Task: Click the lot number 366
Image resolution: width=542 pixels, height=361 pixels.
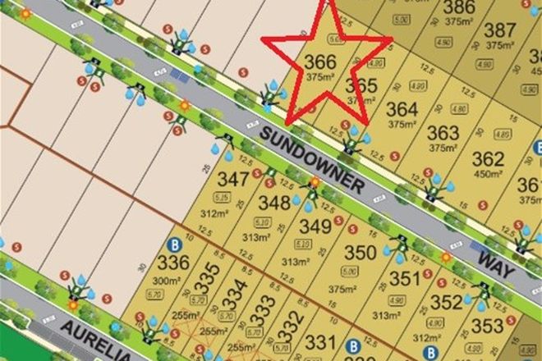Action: pos(320,62)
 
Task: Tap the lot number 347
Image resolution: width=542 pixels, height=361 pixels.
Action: pos(232,178)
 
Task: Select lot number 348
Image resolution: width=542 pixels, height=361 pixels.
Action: pos(273,202)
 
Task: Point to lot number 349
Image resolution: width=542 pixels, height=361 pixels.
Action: pos(315,225)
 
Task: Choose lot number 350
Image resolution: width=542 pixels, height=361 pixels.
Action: pos(359,253)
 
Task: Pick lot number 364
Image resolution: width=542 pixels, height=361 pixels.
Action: pos(402,110)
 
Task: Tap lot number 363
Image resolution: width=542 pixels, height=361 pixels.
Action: pos(443,133)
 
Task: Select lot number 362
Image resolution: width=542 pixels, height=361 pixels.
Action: pos(487,158)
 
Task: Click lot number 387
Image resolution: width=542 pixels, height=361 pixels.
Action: pos(500,30)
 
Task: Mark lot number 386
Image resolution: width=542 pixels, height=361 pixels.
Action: pos(458,9)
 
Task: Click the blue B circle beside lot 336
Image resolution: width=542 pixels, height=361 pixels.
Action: pos(173,244)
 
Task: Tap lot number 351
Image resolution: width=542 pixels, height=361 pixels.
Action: pos(404,279)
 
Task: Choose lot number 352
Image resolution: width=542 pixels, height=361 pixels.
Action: pos(446,302)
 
